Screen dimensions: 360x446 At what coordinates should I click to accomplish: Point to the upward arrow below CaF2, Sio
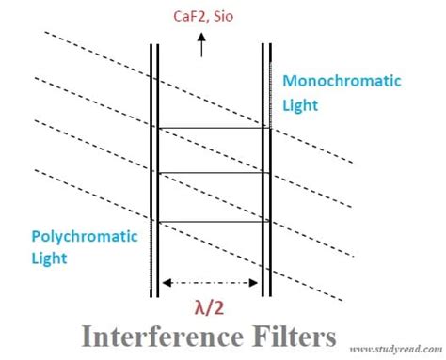click(200, 45)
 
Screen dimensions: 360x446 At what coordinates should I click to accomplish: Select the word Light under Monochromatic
click(301, 102)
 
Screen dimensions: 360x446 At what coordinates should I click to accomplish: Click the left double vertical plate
click(154, 169)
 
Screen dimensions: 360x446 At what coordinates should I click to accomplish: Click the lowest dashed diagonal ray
click(94, 196)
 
